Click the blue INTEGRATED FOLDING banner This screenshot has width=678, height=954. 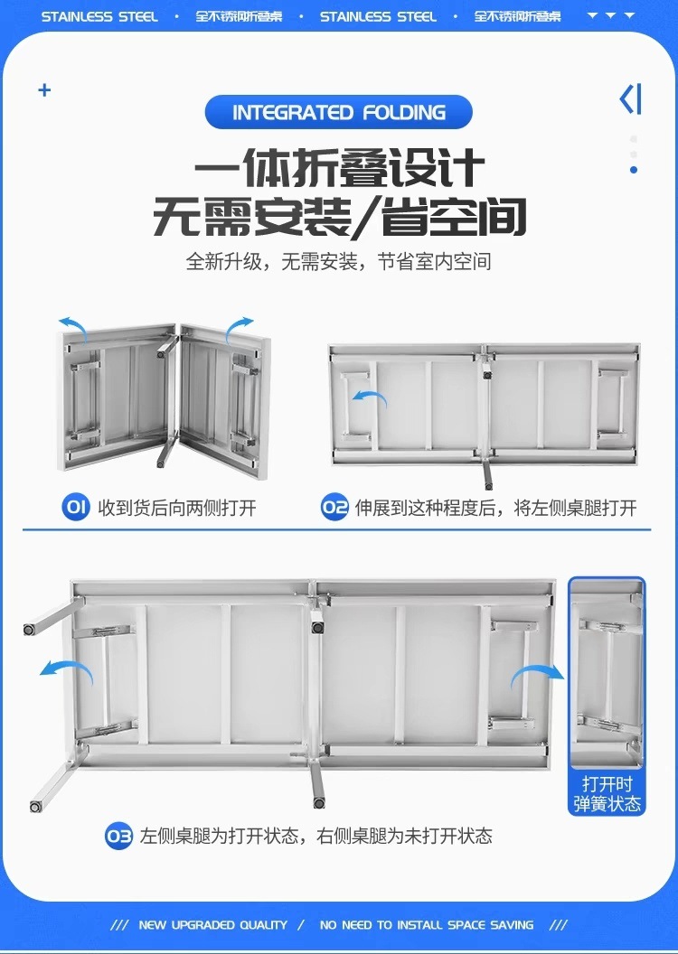point(339,113)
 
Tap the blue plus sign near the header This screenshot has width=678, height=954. point(44,90)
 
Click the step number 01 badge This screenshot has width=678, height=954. point(76,507)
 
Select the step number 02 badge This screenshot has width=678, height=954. point(334,507)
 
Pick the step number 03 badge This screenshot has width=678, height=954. point(119,836)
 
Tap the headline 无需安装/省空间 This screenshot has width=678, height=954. point(339,218)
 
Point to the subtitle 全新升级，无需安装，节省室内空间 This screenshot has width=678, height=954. point(339,262)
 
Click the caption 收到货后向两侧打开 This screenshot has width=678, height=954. point(176,508)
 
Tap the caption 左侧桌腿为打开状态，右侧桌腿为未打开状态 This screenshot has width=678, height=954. point(315,836)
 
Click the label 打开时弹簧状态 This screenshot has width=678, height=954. point(607,793)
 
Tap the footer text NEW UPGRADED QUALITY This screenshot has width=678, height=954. point(212,925)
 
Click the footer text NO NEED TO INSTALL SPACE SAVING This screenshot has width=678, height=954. point(427,925)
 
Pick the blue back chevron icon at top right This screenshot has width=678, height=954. point(631,98)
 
